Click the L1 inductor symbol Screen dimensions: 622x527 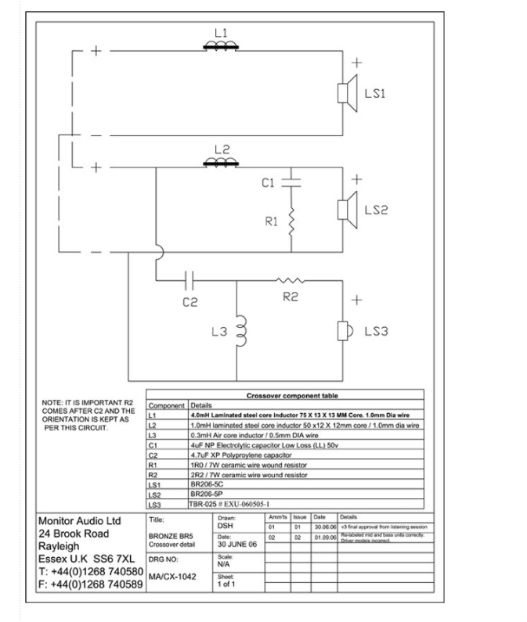coord(221,46)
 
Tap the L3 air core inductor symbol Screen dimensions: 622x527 coord(240,331)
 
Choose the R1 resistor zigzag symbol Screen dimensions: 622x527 coord(291,222)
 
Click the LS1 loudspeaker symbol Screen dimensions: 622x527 coord(344,92)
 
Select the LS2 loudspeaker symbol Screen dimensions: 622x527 coord(344,210)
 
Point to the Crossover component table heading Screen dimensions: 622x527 coord(294,397)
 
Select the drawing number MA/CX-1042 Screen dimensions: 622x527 coord(169,577)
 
